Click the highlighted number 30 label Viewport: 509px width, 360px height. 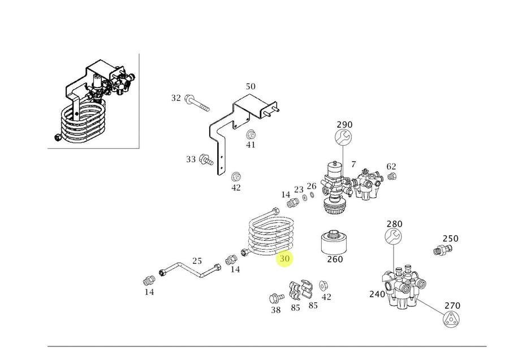pos(284,259)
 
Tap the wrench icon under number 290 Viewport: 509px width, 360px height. pos(344,137)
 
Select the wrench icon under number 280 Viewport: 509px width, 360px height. pos(394,237)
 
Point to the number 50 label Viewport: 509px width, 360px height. pos(250,86)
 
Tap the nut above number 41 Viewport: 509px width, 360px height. pos(251,135)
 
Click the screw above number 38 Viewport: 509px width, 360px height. pos(276,298)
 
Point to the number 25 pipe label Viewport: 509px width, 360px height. pos(197,261)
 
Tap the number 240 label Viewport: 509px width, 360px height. pos(377,294)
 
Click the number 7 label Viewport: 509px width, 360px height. pos(353,164)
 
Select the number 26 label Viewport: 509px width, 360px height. pos(312,186)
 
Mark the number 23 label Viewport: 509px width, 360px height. pos(299,190)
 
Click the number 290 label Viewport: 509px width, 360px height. pos(344,124)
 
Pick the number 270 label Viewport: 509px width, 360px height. pos(452,306)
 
